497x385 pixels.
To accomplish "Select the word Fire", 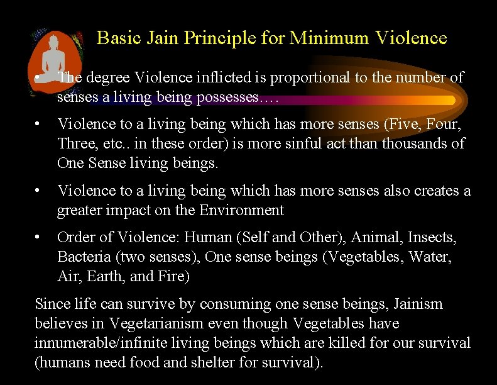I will coord(175,276).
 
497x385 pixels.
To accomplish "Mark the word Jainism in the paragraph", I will coord(418,304).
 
